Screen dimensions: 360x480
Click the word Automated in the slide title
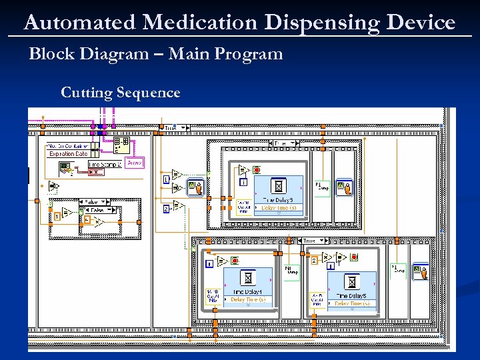80,23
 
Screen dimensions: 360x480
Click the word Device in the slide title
424,23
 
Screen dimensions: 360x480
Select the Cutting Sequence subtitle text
120,93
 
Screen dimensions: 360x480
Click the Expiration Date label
68,154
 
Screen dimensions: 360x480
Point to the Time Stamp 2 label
105,164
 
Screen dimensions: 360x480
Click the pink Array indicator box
134,163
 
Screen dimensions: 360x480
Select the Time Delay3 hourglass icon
279,186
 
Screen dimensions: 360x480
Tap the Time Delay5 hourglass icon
351,281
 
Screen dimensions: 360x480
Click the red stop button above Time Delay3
257,169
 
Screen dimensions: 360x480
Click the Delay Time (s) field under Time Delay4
247,300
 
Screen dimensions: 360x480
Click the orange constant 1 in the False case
58,217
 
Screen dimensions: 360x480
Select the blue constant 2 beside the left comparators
165,209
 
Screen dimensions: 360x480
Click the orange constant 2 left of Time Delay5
313,261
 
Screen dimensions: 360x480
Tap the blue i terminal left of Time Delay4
209,264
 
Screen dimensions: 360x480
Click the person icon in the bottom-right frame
420,272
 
